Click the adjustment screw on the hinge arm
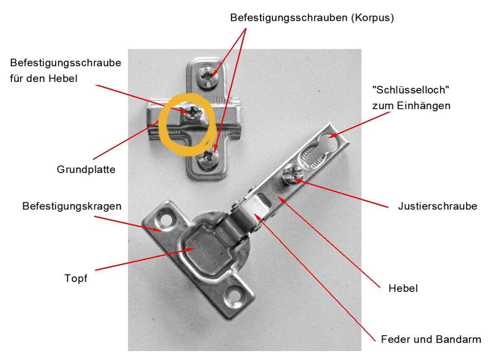[290, 176]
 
